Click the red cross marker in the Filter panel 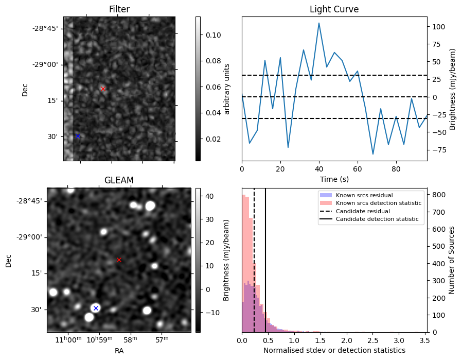coord(103,89)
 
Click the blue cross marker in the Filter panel coord(78,136)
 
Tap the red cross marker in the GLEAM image coord(119,260)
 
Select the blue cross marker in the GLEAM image coord(96,308)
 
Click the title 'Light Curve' coord(334,9)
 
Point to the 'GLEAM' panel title coord(119,180)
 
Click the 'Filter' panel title coord(119,9)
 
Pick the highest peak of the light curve coord(319,23)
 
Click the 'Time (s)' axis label coord(334,178)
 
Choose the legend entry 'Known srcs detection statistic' coord(378,203)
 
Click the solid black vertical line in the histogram coord(265,258)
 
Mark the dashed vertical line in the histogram coord(254,258)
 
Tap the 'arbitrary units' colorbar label coord(226,89)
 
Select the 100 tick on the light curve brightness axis coord(438,26)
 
